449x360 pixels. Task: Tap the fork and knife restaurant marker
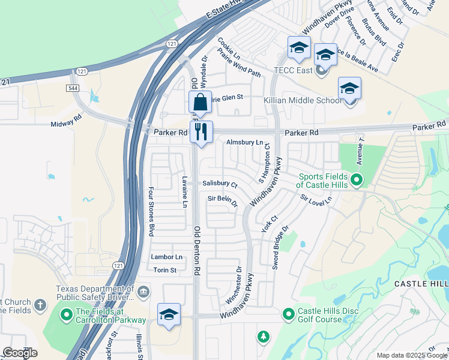click(201, 131)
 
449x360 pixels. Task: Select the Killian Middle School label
click(303, 100)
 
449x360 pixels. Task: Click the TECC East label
click(292, 71)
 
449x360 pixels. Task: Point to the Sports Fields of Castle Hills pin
click(357, 179)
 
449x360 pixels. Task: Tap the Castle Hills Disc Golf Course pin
click(289, 313)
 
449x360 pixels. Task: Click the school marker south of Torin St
click(169, 314)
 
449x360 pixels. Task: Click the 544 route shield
click(73, 88)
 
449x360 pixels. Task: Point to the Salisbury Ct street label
click(220, 184)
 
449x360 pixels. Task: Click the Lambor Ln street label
click(167, 257)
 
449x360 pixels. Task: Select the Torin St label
click(164, 270)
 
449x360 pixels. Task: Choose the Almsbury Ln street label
click(244, 142)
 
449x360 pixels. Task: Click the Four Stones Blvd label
click(151, 211)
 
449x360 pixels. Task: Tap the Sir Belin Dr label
click(223, 200)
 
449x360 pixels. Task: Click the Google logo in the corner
click(20, 353)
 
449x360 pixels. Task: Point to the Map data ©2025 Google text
click(412, 355)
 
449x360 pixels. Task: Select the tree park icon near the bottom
click(262, 337)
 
